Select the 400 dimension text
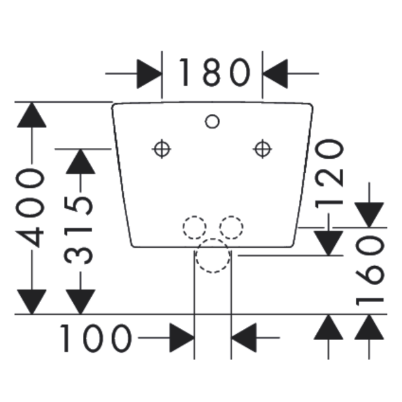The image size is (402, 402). tap(30, 208)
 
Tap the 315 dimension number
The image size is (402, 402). tap(78, 230)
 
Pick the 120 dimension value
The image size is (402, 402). tap(329, 174)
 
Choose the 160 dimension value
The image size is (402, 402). tap(370, 271)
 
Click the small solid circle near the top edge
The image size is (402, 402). tap(212, 121)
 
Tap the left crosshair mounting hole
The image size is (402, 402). tap(162, 149)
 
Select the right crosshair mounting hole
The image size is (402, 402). tap(262, 149)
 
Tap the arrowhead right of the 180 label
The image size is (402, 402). tap(275, 74)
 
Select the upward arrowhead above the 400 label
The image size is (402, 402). tap(32, 115)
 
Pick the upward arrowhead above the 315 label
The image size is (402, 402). tap(80, 162)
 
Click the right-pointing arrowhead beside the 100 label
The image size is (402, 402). tap(182, 338)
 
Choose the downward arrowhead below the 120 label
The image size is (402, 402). tap(328, 243)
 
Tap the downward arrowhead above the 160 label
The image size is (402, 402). tap(369, 215)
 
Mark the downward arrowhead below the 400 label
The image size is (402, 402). tap(32, 302)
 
